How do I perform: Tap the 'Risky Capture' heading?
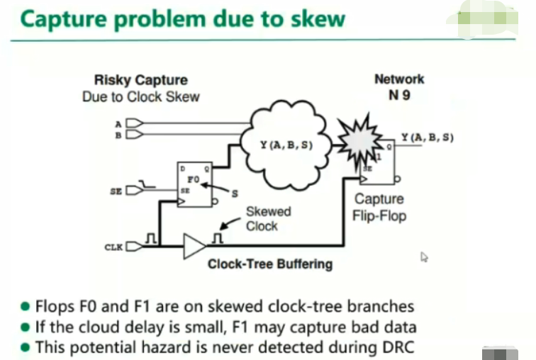coord(141,80)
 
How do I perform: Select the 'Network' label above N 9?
coord(399,79)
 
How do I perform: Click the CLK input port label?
coord(114,247)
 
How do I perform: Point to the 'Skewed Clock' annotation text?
coord(268,218)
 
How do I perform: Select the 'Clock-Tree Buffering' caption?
coord(269,264)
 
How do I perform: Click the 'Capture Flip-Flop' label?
coord(379,207)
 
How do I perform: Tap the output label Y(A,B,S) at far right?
coord(427,137)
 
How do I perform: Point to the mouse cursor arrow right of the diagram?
coord(424,257)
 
